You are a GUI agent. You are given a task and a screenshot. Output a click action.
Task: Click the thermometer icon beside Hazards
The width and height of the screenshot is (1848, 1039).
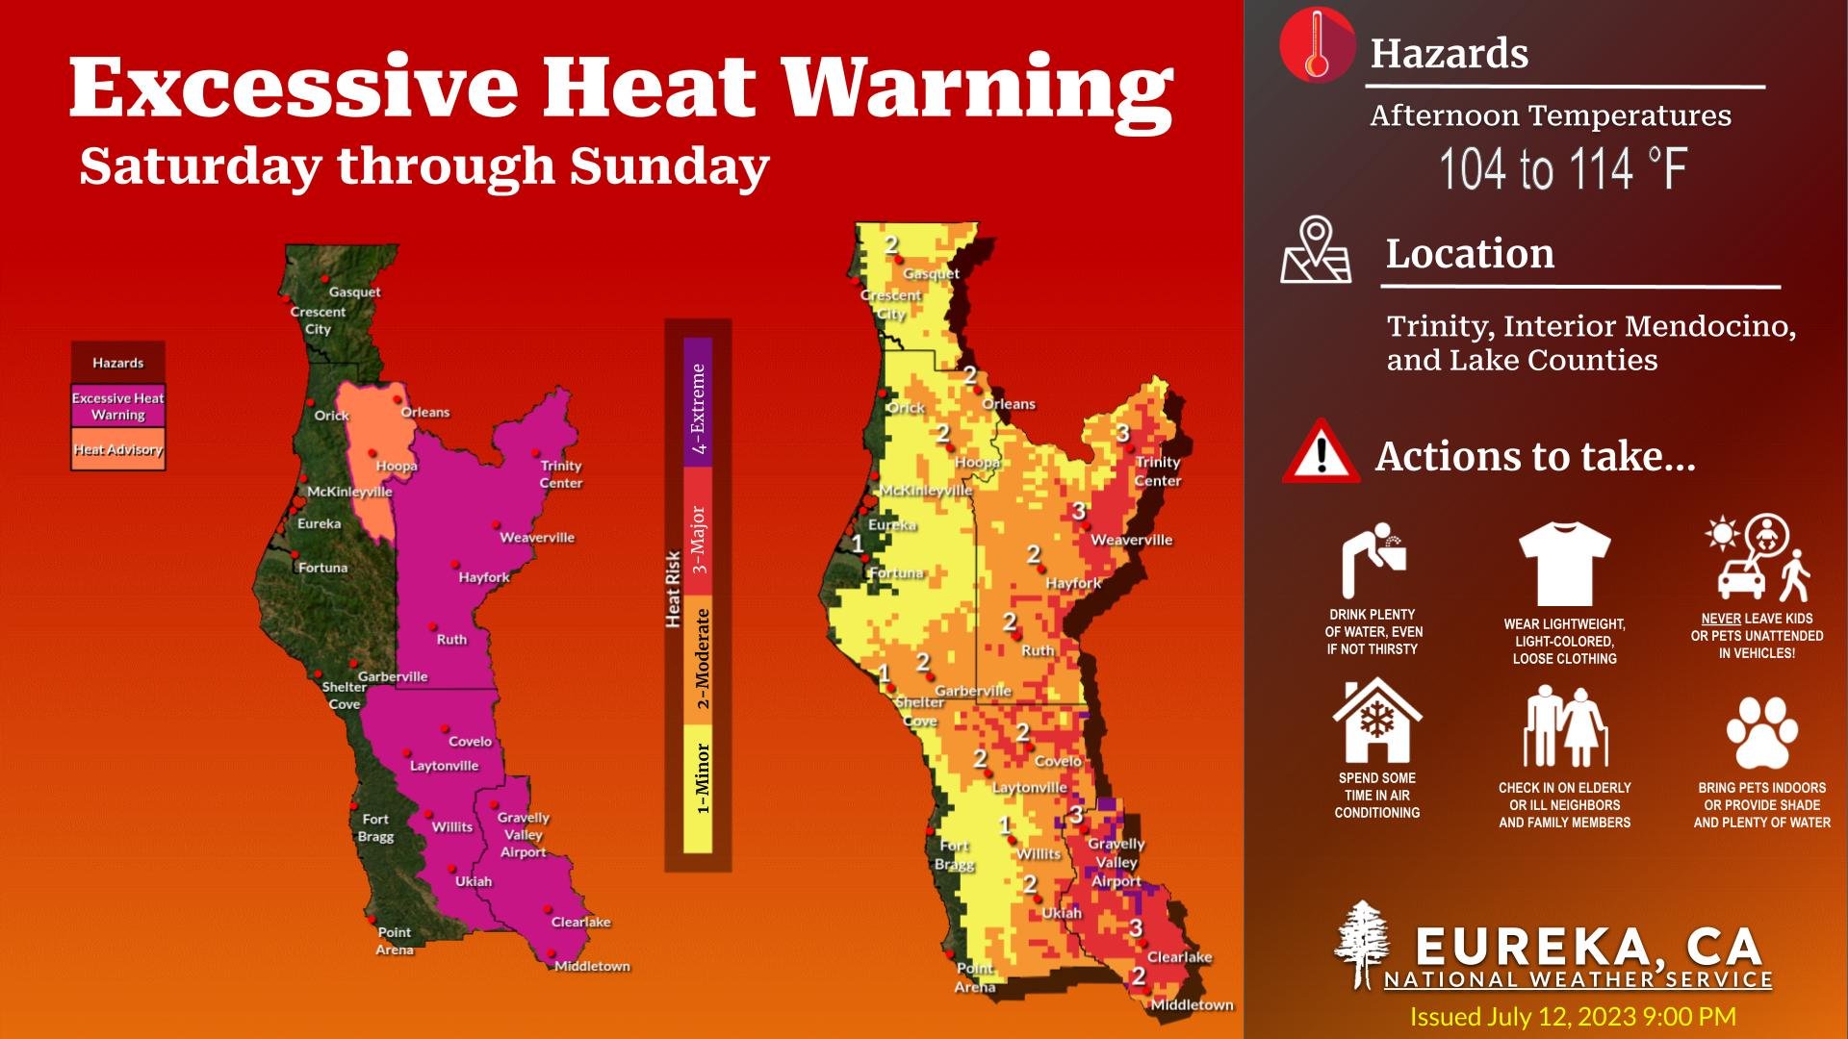1317,45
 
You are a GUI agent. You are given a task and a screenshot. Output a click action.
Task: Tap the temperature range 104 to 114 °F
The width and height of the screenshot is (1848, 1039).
1563,169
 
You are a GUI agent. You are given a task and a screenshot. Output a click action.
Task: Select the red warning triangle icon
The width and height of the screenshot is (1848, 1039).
1321,452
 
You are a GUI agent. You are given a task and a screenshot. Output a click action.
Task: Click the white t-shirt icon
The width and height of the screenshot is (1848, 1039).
1564,563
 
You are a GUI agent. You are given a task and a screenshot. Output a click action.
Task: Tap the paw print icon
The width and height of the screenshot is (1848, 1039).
1761,733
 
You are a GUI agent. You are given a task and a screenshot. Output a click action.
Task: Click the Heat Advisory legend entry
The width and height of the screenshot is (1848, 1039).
117,449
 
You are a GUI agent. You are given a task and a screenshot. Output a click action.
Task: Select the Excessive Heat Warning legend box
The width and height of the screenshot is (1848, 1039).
117,406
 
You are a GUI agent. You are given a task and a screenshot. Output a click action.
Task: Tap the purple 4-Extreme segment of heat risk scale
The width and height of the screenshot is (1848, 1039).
698,402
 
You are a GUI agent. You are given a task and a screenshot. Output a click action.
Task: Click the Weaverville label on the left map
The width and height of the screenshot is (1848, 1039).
536,537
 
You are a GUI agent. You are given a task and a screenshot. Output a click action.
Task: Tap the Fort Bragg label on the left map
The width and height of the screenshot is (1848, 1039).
375,827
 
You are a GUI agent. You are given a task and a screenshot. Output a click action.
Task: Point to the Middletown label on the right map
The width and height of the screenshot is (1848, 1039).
1192,1004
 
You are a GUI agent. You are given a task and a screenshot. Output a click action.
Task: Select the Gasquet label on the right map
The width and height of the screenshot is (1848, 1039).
931,273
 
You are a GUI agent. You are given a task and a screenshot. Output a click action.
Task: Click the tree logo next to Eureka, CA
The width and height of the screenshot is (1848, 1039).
1361,945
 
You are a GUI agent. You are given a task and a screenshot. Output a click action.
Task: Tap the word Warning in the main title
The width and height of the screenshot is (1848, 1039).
977,89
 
